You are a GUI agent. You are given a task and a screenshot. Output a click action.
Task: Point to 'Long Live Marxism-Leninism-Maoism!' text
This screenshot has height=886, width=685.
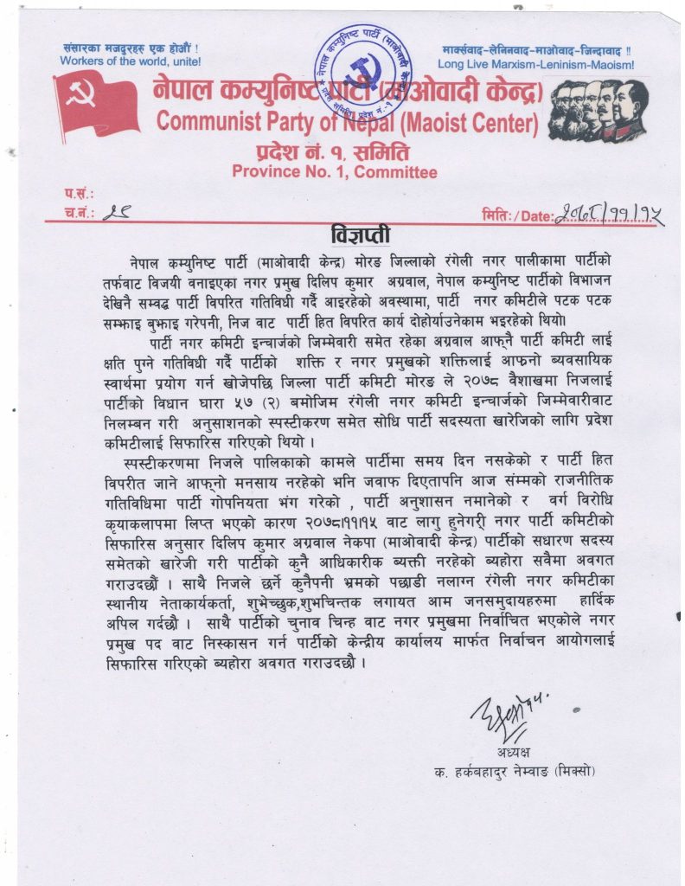pyautogui.click(x=535, y=64)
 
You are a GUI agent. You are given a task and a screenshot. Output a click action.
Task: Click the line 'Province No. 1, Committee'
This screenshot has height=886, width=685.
pyautogui.click(x=334, y=171)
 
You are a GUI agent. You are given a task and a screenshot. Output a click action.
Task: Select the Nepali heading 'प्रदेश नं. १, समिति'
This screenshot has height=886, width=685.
pyautogui.click(x=334, y=152)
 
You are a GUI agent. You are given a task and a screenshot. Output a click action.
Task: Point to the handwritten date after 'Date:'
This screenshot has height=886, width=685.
pyautogui.click(x=608, y=213)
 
